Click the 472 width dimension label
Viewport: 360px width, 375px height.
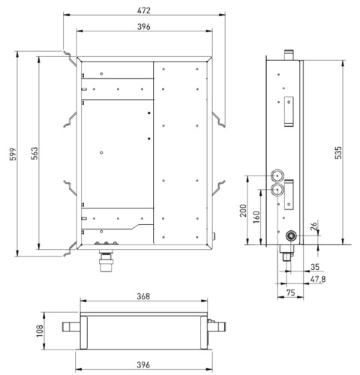144,10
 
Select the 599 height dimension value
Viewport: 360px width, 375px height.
13,154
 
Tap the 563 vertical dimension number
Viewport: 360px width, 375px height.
34,153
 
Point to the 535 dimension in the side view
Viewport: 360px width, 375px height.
338,152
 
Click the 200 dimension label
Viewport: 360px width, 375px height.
243,211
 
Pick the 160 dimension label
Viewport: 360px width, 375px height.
256,217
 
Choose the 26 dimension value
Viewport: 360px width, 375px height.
314,226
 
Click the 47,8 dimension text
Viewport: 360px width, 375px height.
318,279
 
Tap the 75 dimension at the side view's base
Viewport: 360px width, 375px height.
290,292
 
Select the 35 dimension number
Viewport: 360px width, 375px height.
315,267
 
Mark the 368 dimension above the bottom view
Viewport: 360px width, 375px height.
143,296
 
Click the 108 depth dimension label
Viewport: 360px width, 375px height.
40,331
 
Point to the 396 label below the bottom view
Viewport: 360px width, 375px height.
143,365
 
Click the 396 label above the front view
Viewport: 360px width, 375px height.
144,27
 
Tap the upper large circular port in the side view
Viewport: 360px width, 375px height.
277,175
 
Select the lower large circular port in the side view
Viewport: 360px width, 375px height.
277,190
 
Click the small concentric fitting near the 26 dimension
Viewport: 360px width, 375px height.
291,235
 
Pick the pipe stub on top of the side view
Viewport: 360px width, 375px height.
289,55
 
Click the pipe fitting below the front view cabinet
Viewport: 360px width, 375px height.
106,260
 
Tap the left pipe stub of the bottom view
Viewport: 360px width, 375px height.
71,326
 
